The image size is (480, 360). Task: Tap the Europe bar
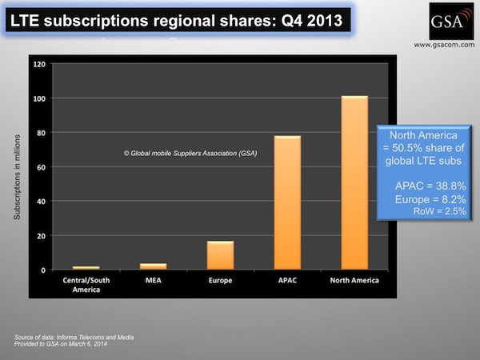(x=220, y=255)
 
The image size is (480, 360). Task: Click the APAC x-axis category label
(x=287, y=281)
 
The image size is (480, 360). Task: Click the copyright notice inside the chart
(x=190, y=152)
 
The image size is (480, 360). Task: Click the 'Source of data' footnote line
(x=64, y=337)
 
